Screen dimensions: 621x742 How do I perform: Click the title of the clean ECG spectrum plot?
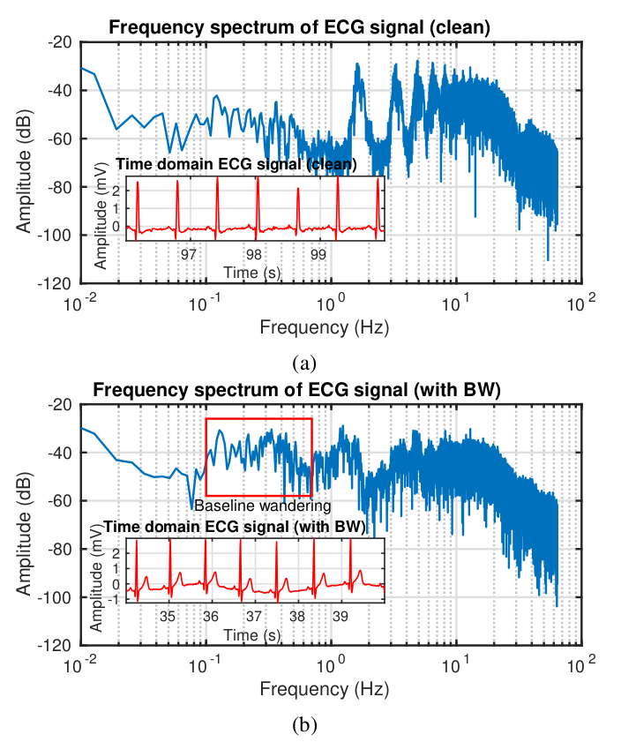pos(299,27)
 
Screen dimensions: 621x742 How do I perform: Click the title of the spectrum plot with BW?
pos(296,390)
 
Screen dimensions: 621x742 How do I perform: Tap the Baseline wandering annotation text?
pos(263,506)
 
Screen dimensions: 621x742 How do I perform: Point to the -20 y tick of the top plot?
pos(60,42)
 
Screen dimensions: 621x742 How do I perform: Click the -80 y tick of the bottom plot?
pos(60,550)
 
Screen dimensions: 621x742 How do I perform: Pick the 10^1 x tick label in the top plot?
pos(457,303)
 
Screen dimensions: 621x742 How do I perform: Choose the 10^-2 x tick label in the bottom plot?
pos(81,664)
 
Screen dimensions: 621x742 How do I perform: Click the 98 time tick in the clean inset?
pos(254,255)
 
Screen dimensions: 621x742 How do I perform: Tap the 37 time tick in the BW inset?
pos(254,616)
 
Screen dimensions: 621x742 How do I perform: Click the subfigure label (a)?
pos(304,364)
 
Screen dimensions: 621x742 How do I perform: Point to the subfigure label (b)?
pos(304,725)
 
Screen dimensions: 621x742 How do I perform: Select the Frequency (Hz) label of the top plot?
pos(325,327)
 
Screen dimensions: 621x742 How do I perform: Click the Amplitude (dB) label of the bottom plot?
pos(24,535)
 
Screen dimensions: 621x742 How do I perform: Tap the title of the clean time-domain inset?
pos(236,164)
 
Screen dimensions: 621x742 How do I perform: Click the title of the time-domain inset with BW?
pos(235,527)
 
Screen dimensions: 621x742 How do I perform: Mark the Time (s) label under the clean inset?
pos(252,273)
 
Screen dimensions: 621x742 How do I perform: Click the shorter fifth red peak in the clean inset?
pos(298,208)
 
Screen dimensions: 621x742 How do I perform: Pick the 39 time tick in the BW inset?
pos(340,616)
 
